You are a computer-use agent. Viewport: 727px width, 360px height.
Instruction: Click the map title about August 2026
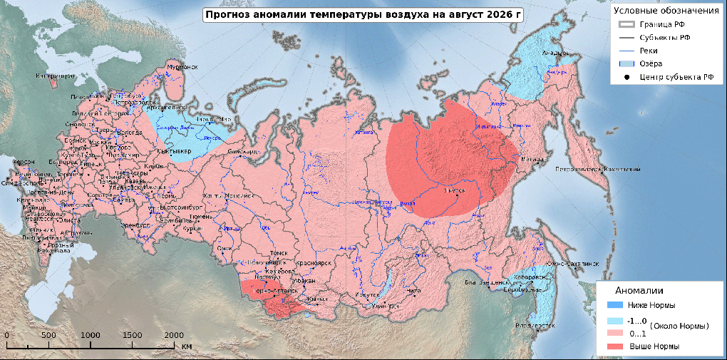(x=359, y=14)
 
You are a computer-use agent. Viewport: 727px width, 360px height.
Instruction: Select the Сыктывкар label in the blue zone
(x=172, y=151)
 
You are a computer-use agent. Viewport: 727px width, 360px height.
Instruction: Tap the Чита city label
(x=413, y=291)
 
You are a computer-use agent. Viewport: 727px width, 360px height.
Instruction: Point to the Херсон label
(x=22, y=162)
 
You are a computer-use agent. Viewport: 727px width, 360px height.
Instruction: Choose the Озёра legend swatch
(x=625, y=64)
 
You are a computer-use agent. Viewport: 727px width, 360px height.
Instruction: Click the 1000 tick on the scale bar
(x=91, y=335)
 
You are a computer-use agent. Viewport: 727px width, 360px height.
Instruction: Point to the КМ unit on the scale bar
(x=186, y=346)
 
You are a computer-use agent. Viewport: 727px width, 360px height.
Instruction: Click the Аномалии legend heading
(x=639, y=291)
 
